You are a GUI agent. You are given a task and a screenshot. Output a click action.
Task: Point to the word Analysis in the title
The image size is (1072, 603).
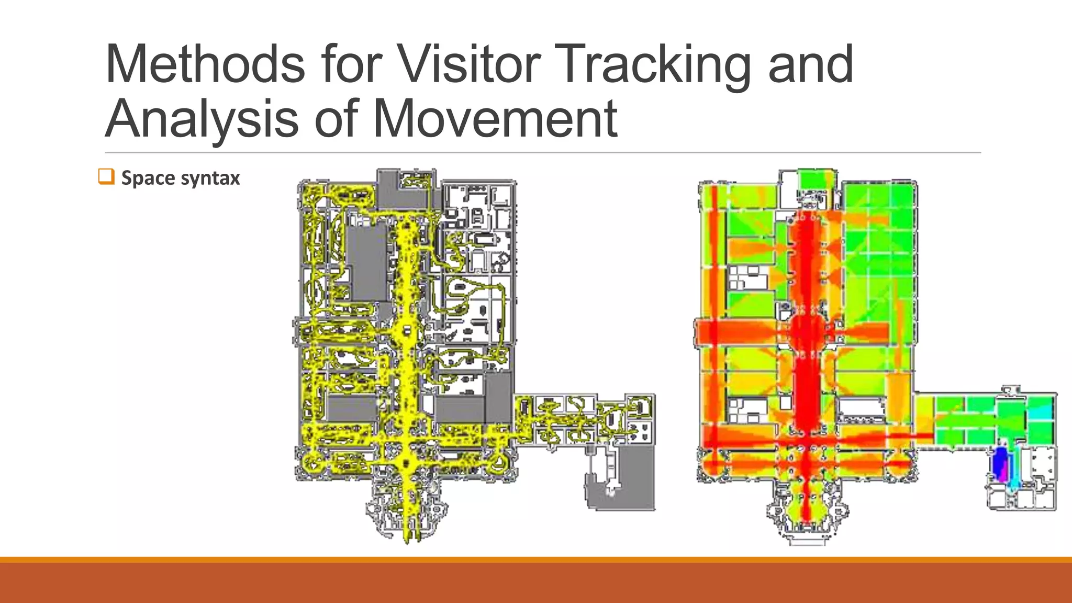coord(202,119)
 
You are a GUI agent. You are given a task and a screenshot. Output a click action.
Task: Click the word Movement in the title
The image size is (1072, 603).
coord(495,119)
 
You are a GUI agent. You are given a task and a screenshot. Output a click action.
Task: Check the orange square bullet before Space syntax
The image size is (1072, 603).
coord(106,177)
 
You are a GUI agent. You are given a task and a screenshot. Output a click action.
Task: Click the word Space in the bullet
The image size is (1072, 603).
coord(148,178)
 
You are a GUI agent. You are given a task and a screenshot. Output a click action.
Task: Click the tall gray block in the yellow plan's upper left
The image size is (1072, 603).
coord(366,262)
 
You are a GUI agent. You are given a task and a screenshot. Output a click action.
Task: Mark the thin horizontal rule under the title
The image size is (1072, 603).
coord(542,153)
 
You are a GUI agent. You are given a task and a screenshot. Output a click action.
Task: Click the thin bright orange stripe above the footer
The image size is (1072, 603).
coord(536,560)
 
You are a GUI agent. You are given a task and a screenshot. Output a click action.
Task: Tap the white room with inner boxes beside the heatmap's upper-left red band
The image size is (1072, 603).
coord(747,277)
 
